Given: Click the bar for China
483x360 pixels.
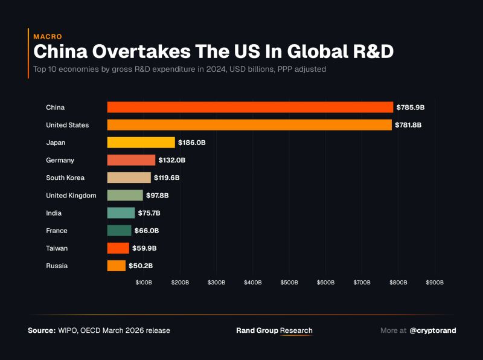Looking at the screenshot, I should pyautogui.click(x=250, y=108).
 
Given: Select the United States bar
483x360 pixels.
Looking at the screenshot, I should pyautogui.click(x=249, y=125).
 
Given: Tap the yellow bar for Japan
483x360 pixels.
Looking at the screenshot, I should pyautogui.click(x=141, y=143).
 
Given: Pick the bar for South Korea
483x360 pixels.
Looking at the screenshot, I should pyautogui.click(x=129, y=178).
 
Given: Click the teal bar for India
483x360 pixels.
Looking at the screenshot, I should pyautogui.click(x=121, y=213).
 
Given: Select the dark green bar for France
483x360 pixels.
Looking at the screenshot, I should pyautogui.click(x=120, y=230).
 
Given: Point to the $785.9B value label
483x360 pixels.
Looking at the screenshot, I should pyautogui.click(x=411, y=108).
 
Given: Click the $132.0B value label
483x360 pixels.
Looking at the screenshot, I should pyautogui.click(x=172, y=160).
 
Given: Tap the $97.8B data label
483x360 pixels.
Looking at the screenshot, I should pyautogui.click(x=158, y=195).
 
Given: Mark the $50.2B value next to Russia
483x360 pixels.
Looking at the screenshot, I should pyautogui.click(x=140, y=266).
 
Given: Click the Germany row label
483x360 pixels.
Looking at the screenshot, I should pyautogui.click(x=60, y=160).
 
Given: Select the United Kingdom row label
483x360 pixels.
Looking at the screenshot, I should pyautogui.click(x=71, y=195).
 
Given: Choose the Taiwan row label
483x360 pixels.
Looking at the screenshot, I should pyautogui.click(x=57, y=248).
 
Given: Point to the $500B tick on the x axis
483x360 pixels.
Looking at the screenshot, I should pyautogui.click(x=289, y=282).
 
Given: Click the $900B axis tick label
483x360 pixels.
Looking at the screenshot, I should pyautogui.click(x=435, y=282).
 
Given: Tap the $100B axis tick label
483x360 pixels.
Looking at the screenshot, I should pyautogui.click(x=144, y=282).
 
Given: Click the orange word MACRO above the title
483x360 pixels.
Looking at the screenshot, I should pyautogui.click(x=48, y=37).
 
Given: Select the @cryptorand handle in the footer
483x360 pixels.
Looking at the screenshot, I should pyautogui.click(x=433, y=330).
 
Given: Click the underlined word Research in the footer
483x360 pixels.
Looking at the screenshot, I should pyautogui.click(x=296, y=330).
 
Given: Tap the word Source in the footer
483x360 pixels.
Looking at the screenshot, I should pyautogui.click(x=42, y=330).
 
